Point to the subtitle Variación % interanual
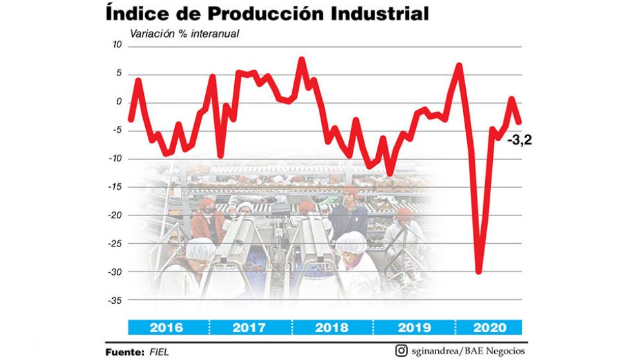pos(185,34)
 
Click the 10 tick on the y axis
pos(116,45)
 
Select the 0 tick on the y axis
pos(119,102)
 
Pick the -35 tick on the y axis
pos(114,301)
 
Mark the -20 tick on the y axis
pos(114,215)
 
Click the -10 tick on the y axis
pos(114,159)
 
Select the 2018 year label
pos(332,327)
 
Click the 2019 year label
pos(414,327)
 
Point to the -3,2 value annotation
pos(519,139)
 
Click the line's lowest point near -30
pos(479,272)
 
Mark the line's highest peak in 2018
pos(301,59)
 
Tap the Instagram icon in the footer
pos(401,351)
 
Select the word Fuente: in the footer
pos(125,352)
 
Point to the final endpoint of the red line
pos(519,122)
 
